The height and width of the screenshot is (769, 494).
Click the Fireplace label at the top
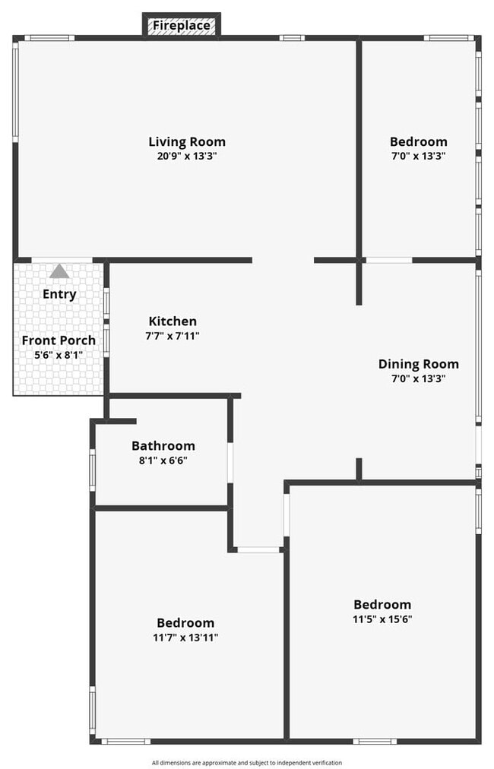coord(182,26)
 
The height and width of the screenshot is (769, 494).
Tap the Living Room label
coord(187,141)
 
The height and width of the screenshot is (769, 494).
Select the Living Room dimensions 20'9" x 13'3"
coord(187,156)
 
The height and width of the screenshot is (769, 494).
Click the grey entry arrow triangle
coord(59,271)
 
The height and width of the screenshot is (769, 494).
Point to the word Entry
coord(59,294)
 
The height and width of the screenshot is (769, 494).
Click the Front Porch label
coord(59,340)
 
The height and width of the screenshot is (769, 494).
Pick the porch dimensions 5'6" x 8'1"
coord(59,354)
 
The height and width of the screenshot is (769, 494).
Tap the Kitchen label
coord(173,321)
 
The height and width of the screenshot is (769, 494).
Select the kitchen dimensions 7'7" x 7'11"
coord(173,335)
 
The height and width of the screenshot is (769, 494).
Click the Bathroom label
coord(163,446)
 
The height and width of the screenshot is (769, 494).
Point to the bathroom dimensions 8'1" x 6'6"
coord(163,460)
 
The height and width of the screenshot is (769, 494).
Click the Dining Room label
coord(419,364)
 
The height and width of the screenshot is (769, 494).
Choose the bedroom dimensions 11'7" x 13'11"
coord(185,638)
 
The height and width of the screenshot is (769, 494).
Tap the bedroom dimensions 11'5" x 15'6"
coord(382,619)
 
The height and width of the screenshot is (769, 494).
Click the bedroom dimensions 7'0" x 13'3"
coord(418,156)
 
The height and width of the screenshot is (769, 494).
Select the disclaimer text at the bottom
coord(247,762)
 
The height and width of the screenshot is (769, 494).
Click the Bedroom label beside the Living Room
coord(418,141)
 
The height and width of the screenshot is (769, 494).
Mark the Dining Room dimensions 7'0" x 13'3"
coord(419,378)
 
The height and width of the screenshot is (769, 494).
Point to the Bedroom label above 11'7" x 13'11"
coord(185,623)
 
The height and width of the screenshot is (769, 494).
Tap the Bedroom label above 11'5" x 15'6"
coord(382,604)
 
